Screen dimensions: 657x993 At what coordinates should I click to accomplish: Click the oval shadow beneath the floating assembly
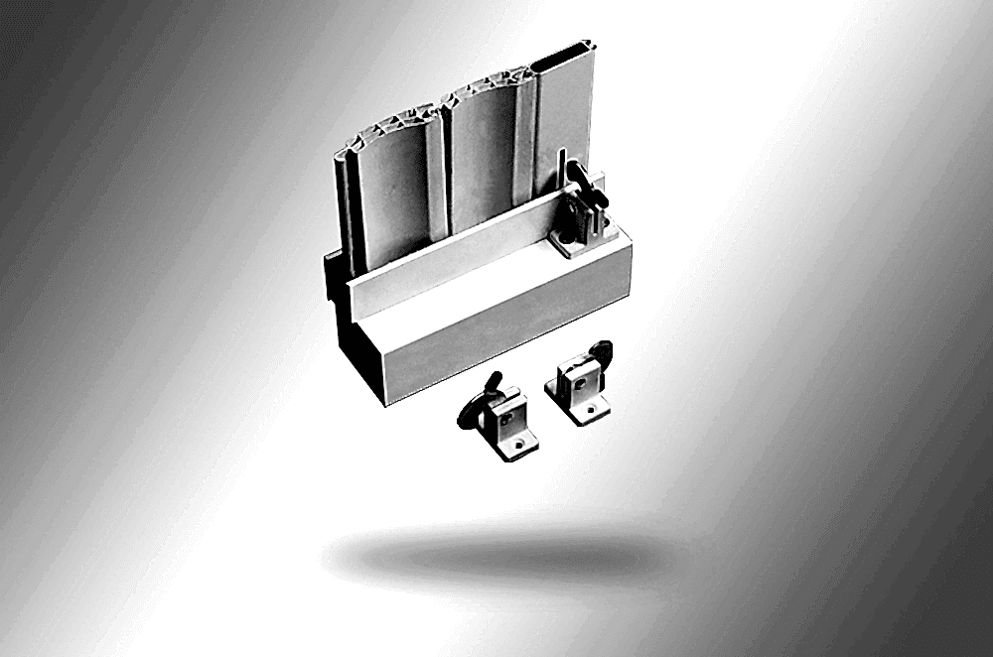tap(496, 556)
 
